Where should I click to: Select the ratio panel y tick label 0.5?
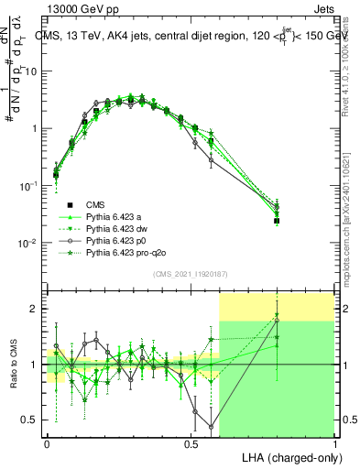(29, 420)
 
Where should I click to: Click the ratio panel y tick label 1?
(34, 365)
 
